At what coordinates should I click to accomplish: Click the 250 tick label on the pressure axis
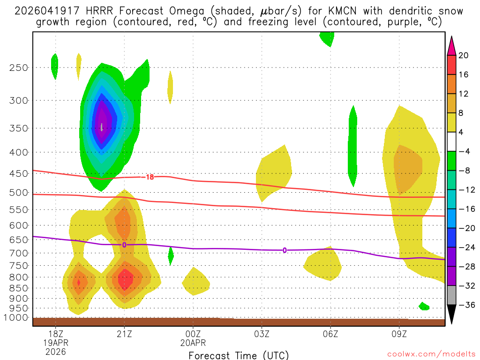point(19,67)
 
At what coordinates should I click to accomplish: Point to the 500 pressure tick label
point(19,193)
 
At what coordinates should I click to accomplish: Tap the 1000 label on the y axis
point(16,318)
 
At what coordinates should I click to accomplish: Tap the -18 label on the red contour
point(149,177)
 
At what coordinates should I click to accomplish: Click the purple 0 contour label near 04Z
point(285,250)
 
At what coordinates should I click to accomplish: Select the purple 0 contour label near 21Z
point(124,245)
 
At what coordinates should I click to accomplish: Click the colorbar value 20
point(464,55)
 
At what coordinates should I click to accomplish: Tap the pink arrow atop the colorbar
point(451,45)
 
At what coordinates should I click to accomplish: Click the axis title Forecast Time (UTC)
point(239,355)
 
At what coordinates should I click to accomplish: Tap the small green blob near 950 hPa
point(424,306)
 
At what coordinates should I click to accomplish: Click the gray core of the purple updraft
point(102,127)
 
